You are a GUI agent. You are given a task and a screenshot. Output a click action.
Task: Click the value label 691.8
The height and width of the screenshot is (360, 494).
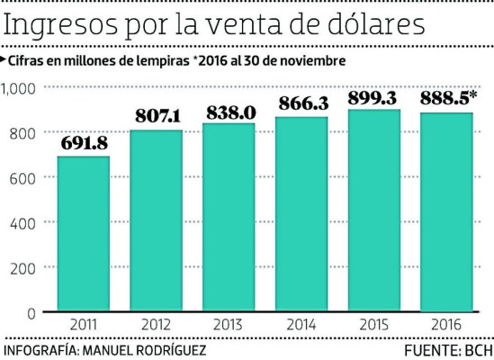(84, 142)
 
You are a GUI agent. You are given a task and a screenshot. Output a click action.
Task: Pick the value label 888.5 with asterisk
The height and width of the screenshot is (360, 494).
(447, 97)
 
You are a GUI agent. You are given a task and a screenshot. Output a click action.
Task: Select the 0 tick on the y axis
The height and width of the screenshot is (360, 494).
(31, 312)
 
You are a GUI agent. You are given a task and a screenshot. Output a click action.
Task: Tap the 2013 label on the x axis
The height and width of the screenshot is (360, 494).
(229, 325)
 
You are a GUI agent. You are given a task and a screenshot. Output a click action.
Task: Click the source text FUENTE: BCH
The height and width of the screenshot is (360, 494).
(445, 348)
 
